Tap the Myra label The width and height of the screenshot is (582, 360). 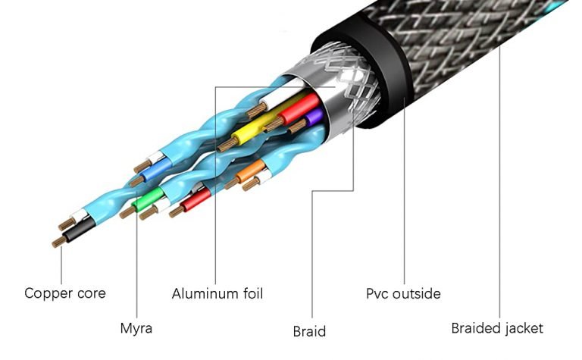136,329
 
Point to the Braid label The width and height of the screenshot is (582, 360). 309,331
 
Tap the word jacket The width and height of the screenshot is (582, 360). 524,328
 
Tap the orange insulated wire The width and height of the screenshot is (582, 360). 250,174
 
